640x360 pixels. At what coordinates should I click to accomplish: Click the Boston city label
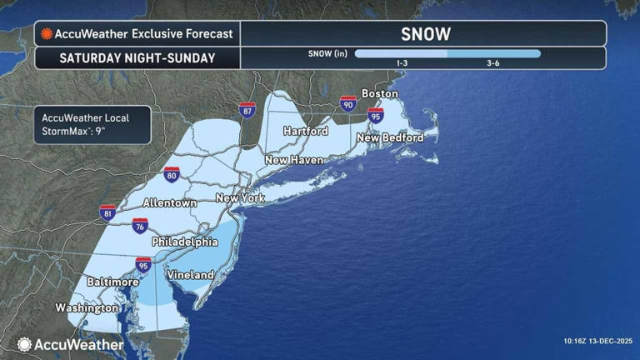pyautogui.click(x=379, y=93)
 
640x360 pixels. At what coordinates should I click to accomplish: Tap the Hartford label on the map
pyautogui.click(x=305, y=131)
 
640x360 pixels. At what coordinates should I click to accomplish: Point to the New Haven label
pyautogui.click(x=294, y=159)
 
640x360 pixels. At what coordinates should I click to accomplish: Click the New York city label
pyautogui.click(x=240, y=198)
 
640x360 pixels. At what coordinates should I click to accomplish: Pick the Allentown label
pyautogui.click(x=169, y=202)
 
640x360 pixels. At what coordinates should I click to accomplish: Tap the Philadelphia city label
pyautogui.click(x=184, y=242)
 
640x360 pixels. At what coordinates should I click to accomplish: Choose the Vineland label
pyautogui.click(x=190, y=274)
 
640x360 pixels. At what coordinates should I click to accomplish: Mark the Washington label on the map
pyautogui.click(x=87, y=307)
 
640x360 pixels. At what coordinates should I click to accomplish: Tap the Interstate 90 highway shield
pyautogui.click(x=347, y=103)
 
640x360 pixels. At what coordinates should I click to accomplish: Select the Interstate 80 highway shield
pyautogui.click(x=171, y=174)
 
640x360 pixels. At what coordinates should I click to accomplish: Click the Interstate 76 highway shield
pyautogui.click(x=140, y=226)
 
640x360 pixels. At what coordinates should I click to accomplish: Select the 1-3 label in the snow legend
pyautogui.click(x=401, y=62)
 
